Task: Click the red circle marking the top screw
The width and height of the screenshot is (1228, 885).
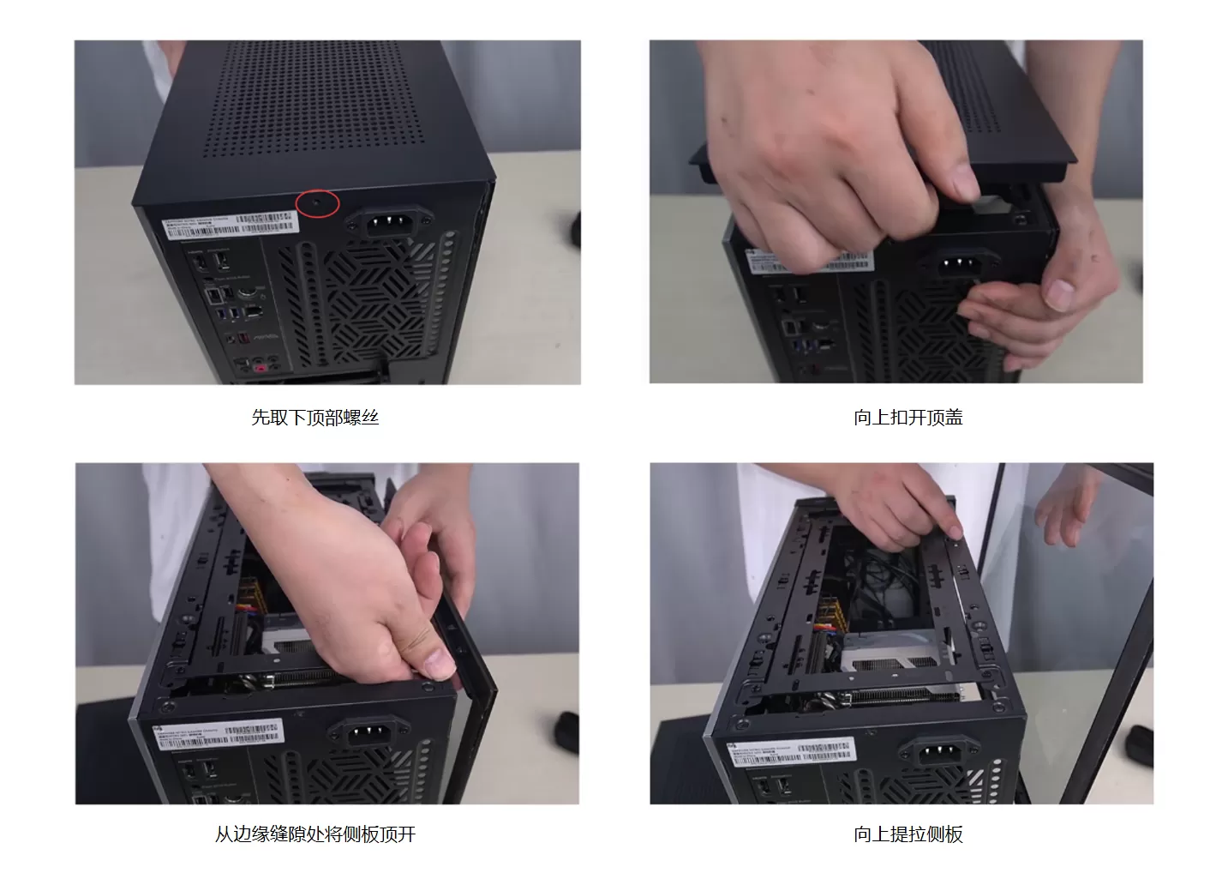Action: (x=318, y=203)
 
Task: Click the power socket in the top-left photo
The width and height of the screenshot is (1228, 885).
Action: (x=386, y=225)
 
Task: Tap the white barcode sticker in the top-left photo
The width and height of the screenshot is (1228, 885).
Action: (x=231, y=226)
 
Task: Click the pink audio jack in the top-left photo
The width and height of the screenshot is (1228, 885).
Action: (x=261, y=368)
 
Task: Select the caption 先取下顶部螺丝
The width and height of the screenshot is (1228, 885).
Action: (x=314, y=418)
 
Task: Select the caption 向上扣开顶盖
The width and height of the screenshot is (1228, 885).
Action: (x=908, y=418)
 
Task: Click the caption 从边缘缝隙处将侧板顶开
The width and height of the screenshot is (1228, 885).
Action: (x=314, y=834)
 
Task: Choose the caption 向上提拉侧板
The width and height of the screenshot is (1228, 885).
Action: (x=908, y=834)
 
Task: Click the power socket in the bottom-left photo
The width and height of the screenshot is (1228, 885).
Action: (x=368, y=735)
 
